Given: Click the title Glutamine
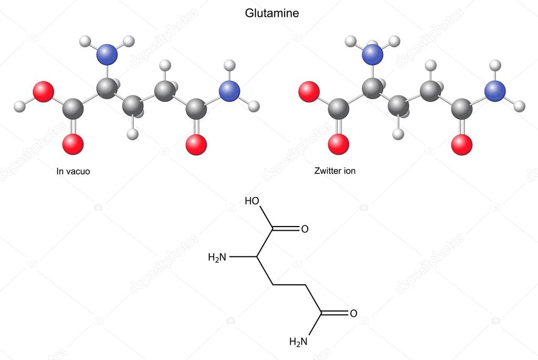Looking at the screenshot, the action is pos(272,13).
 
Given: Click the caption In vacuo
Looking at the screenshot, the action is pos(73,171).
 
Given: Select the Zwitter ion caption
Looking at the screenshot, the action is pos(335,171).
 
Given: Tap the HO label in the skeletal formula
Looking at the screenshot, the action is pos(252,201).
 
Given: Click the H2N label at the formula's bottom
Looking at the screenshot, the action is pos(298,342).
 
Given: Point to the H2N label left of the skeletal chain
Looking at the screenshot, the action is pos(217,257).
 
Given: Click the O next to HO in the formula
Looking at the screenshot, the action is pos(304,229).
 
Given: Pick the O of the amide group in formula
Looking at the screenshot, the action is pos(353,313).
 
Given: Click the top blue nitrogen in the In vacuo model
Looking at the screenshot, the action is pos(107,55).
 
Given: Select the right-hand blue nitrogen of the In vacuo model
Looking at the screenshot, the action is pos(229,91).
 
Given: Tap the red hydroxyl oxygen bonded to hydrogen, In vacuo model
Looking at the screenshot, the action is pos(43,92).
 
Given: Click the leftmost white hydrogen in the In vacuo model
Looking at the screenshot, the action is pos(19,106).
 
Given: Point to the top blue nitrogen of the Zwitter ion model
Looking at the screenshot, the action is pos(373,55).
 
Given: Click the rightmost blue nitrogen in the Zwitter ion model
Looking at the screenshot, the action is pos(495,91).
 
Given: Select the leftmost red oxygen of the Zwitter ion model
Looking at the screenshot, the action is pos(309,92).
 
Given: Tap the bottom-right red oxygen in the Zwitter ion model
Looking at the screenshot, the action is pos(462,145).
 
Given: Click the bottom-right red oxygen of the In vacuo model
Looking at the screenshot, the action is pos(196,145).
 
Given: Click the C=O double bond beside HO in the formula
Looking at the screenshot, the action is pos(286,229).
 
